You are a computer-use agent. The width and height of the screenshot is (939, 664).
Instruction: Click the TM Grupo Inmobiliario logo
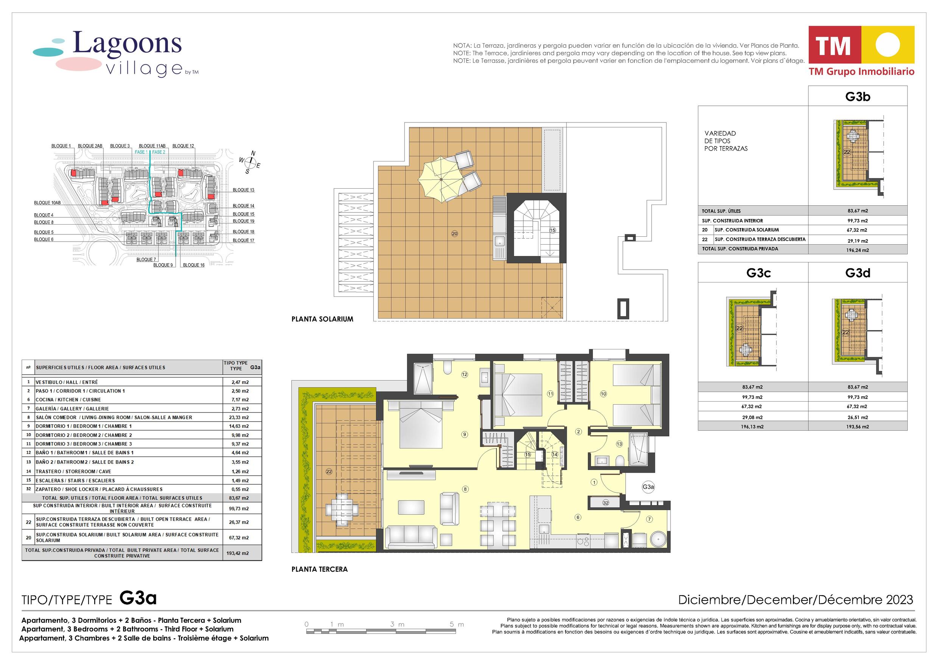pyautogui.click(x=861, y=51)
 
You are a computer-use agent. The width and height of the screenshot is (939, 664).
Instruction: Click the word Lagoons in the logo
pyautogui.click(x=127, y=43)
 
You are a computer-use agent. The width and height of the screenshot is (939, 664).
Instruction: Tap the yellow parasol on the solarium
pyautogui.click(x=441, y=180)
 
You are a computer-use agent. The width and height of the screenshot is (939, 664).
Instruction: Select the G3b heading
pyautogui.click(x=858, y=96)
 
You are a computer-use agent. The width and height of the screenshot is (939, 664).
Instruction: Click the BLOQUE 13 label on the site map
pyautogui.click(x=243, y=190)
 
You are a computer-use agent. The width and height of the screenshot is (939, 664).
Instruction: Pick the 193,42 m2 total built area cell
pyautogui.click(x=238, y=553)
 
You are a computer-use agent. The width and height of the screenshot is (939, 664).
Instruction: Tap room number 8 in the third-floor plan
pyautogui.click(x=465, y=489)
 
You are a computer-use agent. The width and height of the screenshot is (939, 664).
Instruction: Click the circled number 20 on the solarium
pyautogui.click(x=454, y=234)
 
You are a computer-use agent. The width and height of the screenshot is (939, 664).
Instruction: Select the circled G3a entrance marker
pyautogui.click(x=648, y=487)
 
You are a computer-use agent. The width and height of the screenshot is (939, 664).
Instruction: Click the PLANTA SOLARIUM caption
pyautogui.click(x=322, y=319)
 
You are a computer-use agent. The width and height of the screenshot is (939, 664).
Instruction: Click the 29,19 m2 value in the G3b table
pyautogui.click(x=857, y=241)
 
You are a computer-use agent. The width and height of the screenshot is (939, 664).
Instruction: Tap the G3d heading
pyautogui.click(x=858, y=273)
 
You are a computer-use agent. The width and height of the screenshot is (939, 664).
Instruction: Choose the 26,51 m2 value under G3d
pyautogui.click(x=857, y=417)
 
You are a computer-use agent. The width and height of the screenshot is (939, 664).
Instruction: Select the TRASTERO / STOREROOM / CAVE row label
pyautogui.click(x=73, y=472)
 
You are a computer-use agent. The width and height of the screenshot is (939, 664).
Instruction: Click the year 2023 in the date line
pyautogui.click(x=899, y=600)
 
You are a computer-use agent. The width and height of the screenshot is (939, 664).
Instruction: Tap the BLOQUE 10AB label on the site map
pyautogui.click(x=47, y=203)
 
